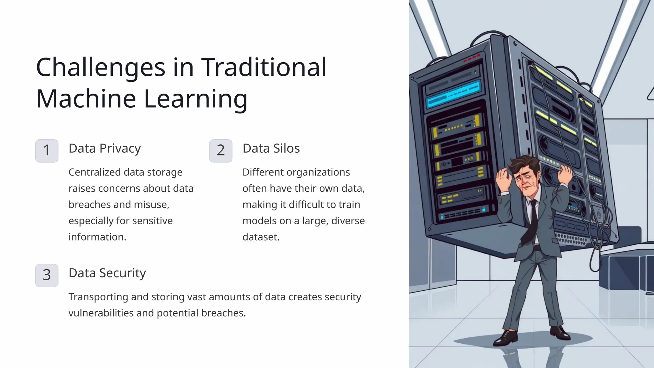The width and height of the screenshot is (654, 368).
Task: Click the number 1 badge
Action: click(47, 150)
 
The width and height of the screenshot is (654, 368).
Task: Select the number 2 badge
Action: click(221, 150)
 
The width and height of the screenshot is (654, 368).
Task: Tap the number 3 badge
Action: click(47, 275)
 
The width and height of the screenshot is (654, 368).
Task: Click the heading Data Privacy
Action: click(104, 149)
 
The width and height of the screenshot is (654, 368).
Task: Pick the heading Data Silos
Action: click(271, 149)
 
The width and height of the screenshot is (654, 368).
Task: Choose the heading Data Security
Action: click(107, 273)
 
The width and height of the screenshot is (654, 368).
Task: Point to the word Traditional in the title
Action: click(263, 67)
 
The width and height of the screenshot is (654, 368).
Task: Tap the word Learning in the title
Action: click(195, 99)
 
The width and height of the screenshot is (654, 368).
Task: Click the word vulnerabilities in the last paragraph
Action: click(101, 313)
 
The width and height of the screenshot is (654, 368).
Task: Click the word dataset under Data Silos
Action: click(261, 237)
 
